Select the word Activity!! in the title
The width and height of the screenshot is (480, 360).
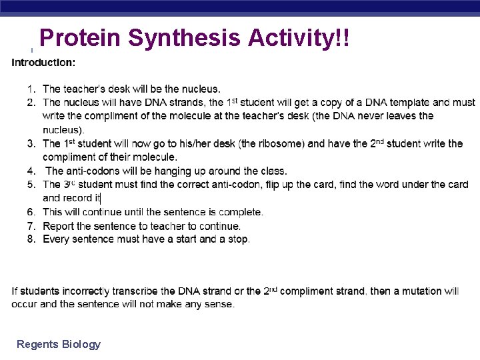(x=299, y=39)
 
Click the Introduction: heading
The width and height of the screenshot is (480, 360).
(x=43, y=63)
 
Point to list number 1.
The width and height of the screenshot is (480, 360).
(x=31, y=89)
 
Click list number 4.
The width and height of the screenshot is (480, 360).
(x=31, y=171)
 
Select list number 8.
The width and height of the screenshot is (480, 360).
(x=31, y=239)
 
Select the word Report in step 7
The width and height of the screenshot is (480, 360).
(x=59, y=226)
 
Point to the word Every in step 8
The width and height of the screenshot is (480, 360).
(x=56, y=239)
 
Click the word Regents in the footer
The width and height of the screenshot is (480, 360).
(x=37, y=345)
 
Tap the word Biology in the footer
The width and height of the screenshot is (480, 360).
(x=81, y=345)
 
